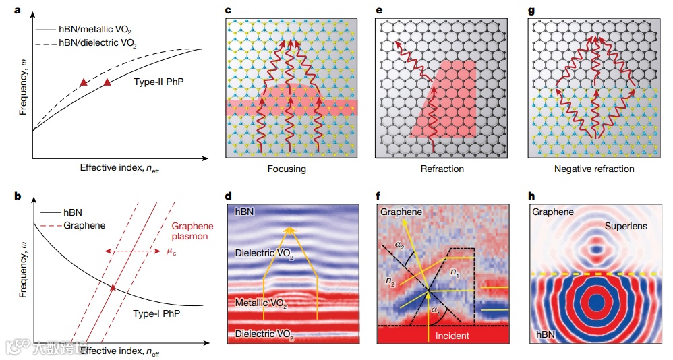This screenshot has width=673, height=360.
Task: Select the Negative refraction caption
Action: (x=593, y=169)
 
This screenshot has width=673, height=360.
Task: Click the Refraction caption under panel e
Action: (x=442, y=169)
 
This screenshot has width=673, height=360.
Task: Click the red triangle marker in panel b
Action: (x=113, y=288)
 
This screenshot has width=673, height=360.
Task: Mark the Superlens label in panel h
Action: (x=626, y=227)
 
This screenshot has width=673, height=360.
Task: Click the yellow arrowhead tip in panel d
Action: (x=290, y=229)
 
